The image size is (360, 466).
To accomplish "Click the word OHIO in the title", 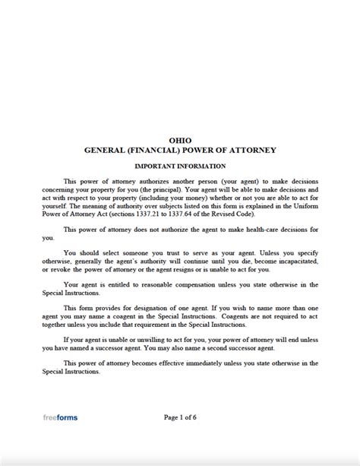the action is click(x=180, y=140).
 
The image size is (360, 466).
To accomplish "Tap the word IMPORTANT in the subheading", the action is click(x=157, y=165).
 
